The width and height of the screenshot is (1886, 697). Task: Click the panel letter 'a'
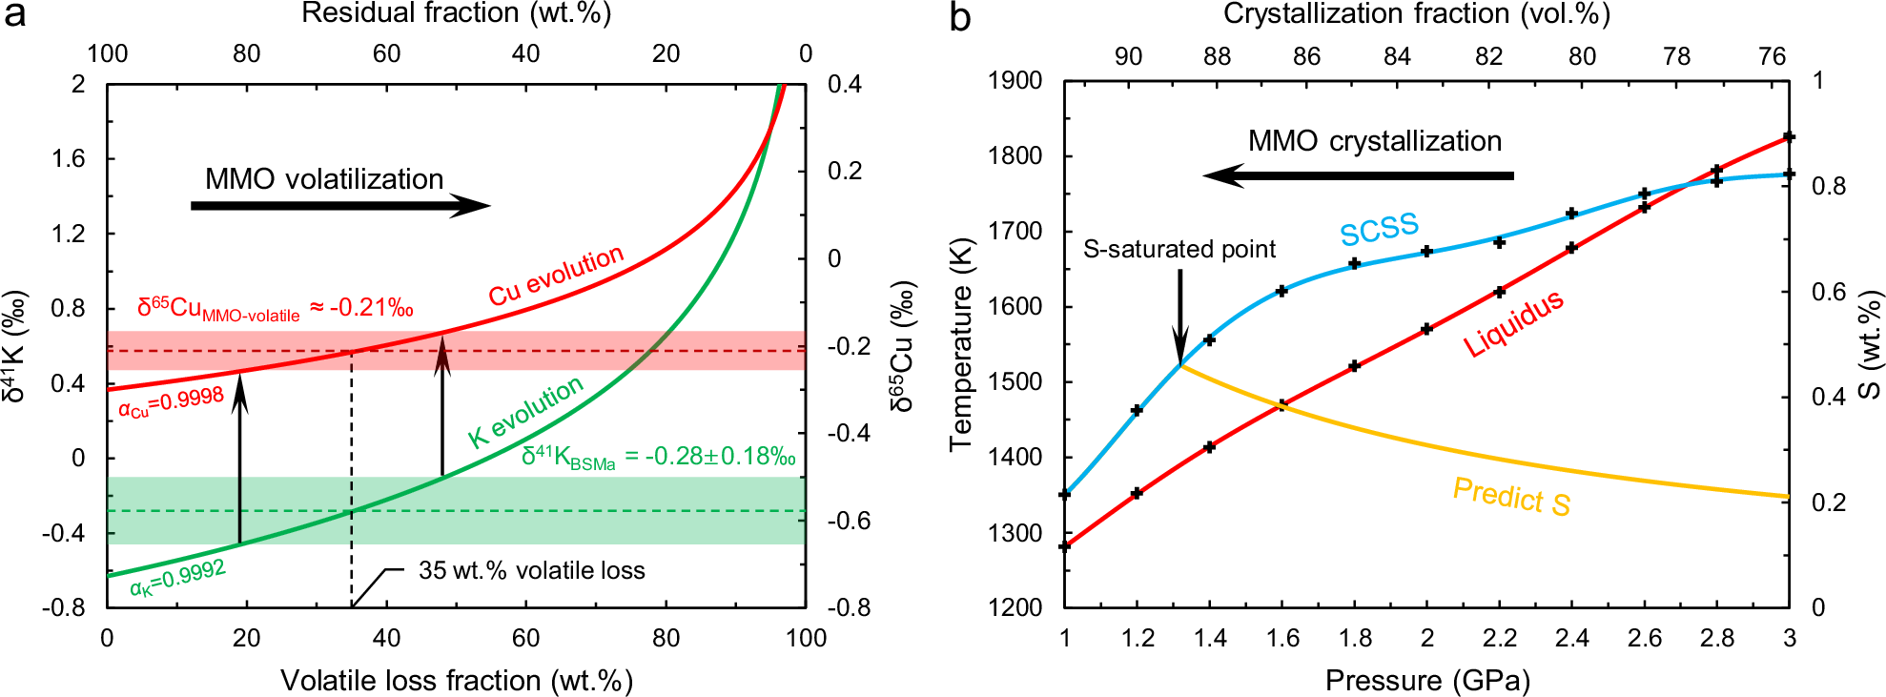tap(14, 16)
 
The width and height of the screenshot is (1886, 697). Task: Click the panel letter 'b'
tap(959, 16)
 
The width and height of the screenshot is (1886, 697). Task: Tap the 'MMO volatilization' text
tap(324, 179)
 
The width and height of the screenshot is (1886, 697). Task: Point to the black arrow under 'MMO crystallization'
tap(1358, 175)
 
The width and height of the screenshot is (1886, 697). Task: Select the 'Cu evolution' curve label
tap(556, 276)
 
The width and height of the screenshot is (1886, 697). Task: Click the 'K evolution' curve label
tap(525, 412)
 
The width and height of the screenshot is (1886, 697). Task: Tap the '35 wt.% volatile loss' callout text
tap(531, 570)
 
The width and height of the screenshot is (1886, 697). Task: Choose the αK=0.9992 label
tap(178, 578)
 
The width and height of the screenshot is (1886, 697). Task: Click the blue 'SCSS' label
tap(1379, 230)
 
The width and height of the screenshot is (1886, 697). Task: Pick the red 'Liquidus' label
tap(1513, 323)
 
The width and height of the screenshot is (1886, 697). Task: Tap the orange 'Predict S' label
tap(1511, 496)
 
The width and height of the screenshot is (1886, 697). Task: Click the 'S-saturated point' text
tap(1179, 250)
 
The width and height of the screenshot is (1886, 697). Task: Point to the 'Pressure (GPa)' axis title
tap(1427, 680)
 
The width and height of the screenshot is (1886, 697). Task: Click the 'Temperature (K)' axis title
tap(959, 342)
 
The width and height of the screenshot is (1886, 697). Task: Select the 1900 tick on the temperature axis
tap(1016, 80)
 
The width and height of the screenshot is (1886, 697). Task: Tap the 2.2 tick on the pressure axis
tap(1499, 638)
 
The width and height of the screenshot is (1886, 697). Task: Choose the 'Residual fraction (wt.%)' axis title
tap(456, 13)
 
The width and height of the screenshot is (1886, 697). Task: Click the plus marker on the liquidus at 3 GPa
tap(1789, 137)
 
